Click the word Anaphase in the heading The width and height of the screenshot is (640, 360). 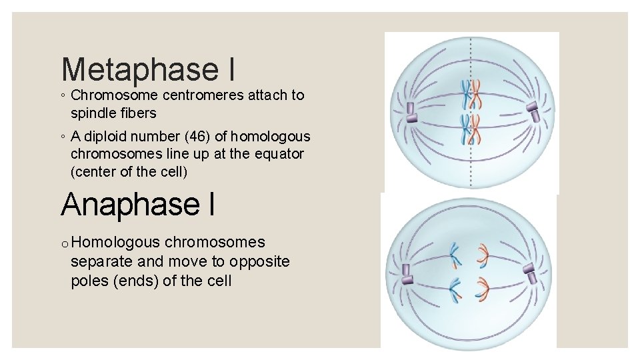coord(128,204)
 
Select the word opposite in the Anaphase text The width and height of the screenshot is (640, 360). coord(259,261)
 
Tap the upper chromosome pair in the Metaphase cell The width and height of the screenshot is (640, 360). coord(472,95)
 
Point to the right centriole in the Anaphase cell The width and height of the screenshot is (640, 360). coord(530,272)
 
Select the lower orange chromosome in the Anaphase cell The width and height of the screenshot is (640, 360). coord(481,287)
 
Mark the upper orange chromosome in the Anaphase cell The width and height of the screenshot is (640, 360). coord(481,252)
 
